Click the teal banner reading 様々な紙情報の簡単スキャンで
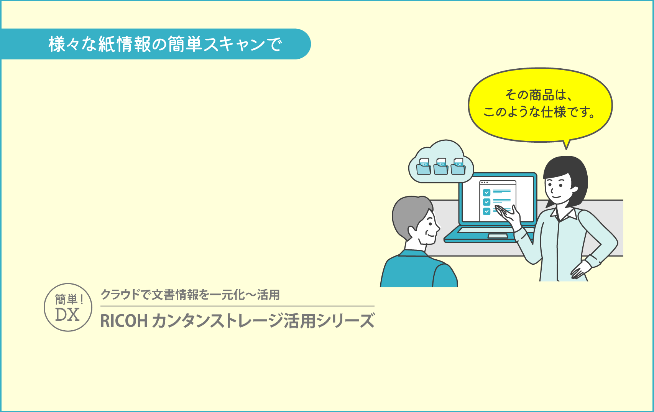point(156,44)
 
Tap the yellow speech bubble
point(540,105)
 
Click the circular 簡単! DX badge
point(68,307)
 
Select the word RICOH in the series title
point(124,321)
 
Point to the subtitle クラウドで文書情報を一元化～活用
point(190,295)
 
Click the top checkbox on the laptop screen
point(486,193)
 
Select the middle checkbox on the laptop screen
point(486,202)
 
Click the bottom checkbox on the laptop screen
point(486,211)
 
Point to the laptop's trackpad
point(498,236)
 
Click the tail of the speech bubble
point(567,145)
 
